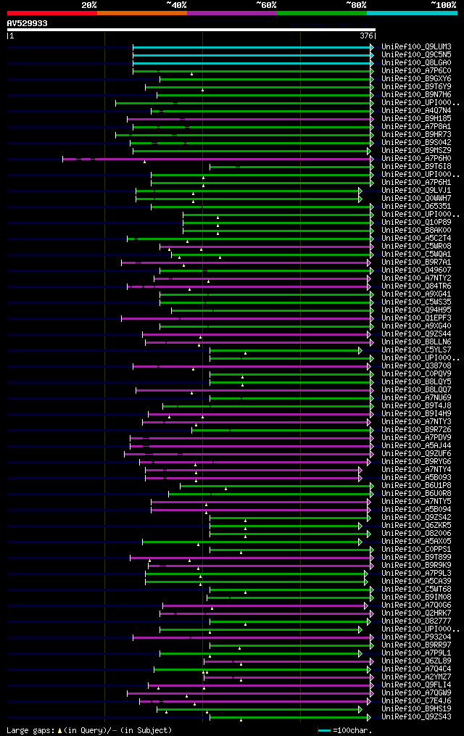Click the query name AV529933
[x=28, y=23]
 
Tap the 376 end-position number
[x=367, y=36]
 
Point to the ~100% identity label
[x=443, y=4]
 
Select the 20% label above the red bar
[x=89, y=4]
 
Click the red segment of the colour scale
[x=51, y=12]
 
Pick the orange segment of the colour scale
[x=141, y=12]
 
